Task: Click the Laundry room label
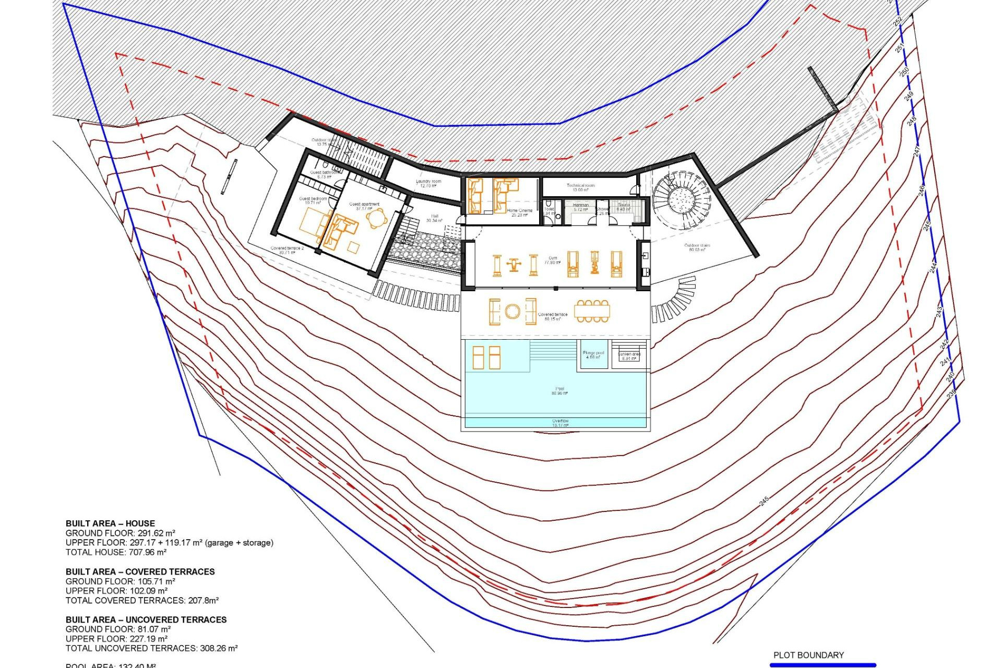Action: point(428,183)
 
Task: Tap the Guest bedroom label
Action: point(313,200)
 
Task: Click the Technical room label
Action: point(580,187)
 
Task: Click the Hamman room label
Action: point(581,207)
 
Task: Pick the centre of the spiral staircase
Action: point(681,198)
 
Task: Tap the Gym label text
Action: point(553,260)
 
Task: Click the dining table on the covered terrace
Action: point(592,312)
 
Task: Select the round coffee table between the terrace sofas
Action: point(512,312)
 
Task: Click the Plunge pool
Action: point(593,355)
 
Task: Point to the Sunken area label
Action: point(629,356)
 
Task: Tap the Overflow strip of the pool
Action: point(560,423)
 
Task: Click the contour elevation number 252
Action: point(897,22)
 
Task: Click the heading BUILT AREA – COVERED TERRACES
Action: point(140,571)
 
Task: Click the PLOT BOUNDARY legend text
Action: point(808,655)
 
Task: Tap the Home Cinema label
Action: point(519,212)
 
